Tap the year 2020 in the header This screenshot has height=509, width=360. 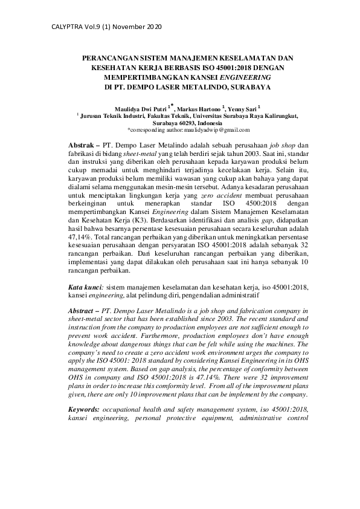click(x=152, y=28)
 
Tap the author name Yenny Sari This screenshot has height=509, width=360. click(x=248, y=108)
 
